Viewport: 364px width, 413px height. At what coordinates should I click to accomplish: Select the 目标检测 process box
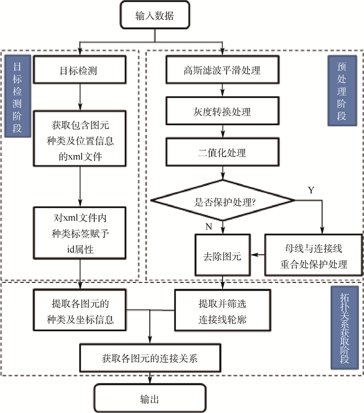point(80,70)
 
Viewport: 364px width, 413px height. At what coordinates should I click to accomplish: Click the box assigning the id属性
point(80,237)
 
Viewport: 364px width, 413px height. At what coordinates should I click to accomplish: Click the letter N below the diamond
point(209,227)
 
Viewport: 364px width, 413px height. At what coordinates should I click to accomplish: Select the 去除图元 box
point(223,255)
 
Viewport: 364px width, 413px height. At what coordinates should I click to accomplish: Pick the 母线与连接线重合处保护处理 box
point(313,255)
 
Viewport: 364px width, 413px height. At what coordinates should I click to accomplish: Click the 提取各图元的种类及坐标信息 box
point(80,309)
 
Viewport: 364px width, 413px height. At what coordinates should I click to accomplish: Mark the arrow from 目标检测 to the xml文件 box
point(80,96)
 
